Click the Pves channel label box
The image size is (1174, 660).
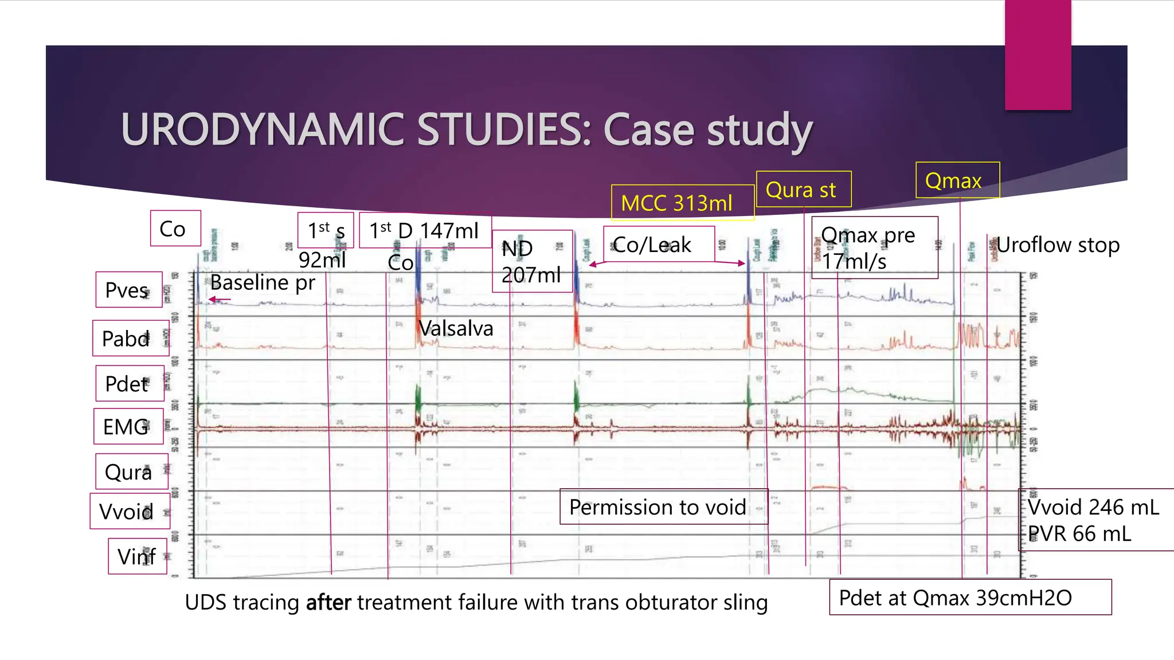[128, 290]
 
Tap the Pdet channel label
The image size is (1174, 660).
[129, 384]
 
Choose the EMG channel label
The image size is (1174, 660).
[128, 427]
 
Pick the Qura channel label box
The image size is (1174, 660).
[131, 472]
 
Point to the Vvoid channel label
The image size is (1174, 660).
[130, 512]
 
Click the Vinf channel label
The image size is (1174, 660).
[138, 556]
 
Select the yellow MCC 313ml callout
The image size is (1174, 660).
[682, 203]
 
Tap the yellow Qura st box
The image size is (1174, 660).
[803, 190]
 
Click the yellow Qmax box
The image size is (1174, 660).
[957, 180]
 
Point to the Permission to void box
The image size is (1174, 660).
[663, 507]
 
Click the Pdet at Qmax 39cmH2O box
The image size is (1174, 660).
[969, 598]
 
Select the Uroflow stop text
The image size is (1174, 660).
[1058, 245]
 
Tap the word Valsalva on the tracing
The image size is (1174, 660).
[456, 328]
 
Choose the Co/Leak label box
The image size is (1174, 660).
[658, 245]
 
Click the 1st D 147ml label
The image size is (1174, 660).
[425, 230]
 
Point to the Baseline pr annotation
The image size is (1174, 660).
[263, 282]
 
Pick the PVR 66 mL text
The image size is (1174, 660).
[1079, 534]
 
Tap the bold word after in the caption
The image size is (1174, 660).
[328, 603]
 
